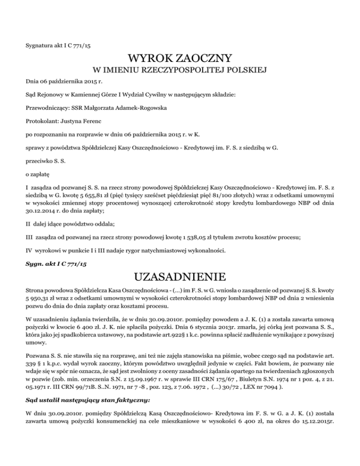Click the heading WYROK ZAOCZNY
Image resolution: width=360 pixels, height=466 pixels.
180,59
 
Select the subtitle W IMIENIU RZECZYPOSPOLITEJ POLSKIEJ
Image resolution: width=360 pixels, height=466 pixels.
180,71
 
